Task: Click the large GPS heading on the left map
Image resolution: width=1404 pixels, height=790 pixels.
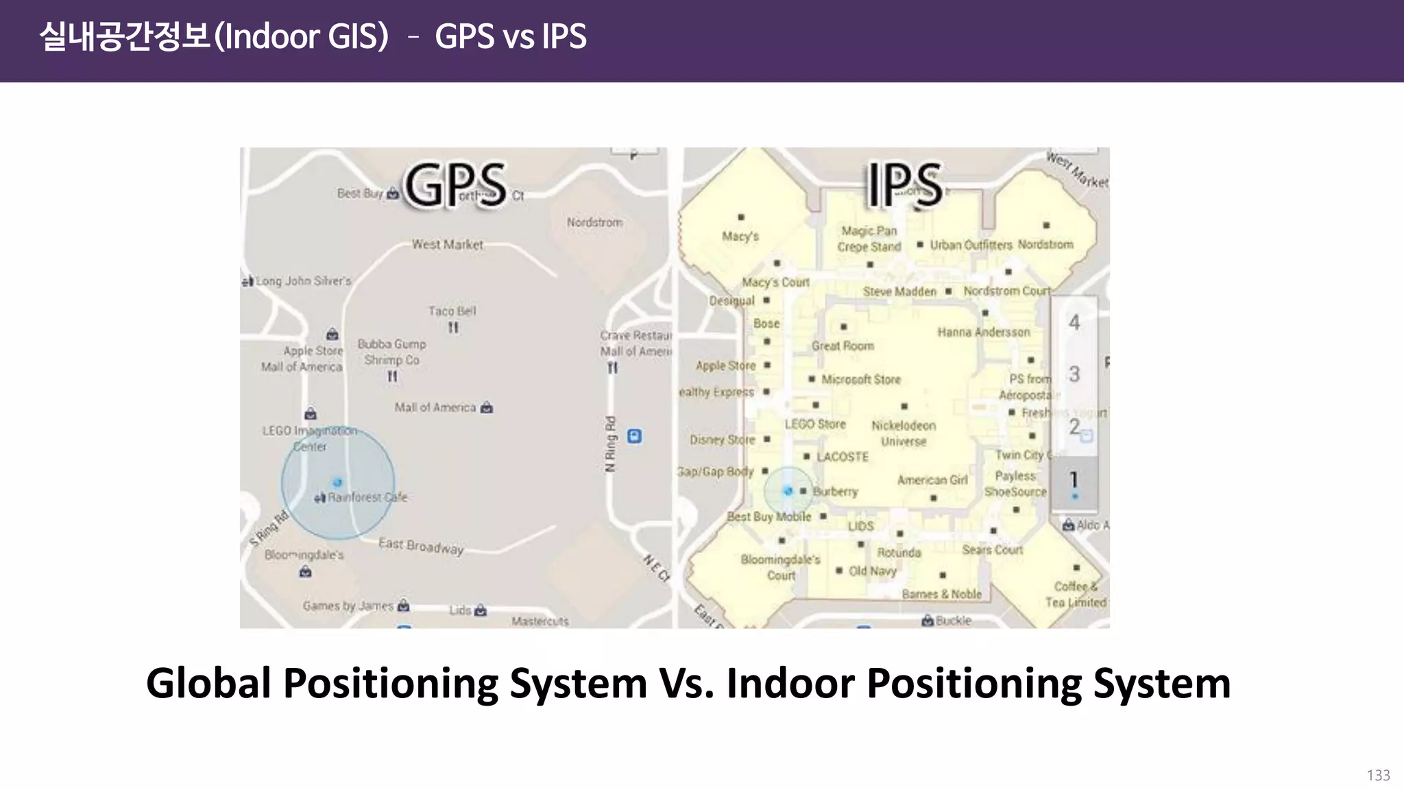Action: point(455,184)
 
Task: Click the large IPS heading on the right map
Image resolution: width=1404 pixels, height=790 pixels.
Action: point(904,184)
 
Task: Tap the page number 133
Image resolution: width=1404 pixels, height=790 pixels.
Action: point(1378,776)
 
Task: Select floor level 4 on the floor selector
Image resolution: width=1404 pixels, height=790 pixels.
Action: point(1074,322)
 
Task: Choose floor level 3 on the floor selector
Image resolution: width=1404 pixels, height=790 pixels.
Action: point(1074,374)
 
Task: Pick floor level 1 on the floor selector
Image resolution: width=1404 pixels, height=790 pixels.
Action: point(1074,480)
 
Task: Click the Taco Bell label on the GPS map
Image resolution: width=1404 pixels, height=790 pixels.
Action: point(452,311)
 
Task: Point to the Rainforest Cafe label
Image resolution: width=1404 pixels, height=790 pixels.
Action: point(367,497)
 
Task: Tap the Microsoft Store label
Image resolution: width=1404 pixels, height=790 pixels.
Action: point(860,379)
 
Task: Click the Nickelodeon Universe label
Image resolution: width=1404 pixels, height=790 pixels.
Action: point(904,433)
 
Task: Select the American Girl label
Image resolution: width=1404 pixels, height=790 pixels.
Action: point(932,480)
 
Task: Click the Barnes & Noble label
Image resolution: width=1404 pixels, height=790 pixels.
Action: point(941,594)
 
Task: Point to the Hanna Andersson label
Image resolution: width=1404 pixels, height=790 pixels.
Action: point(983,333)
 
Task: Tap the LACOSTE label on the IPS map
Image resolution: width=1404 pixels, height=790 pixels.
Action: point(843,457)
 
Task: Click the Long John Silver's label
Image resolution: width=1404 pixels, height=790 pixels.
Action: point(303,281)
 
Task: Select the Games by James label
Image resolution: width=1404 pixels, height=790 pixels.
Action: point(348,606)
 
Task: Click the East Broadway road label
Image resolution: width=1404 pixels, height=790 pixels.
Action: point(421,546)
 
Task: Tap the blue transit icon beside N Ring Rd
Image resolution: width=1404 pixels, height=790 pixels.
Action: point(635,436)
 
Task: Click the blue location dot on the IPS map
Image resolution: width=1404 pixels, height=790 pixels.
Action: point(788,491)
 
